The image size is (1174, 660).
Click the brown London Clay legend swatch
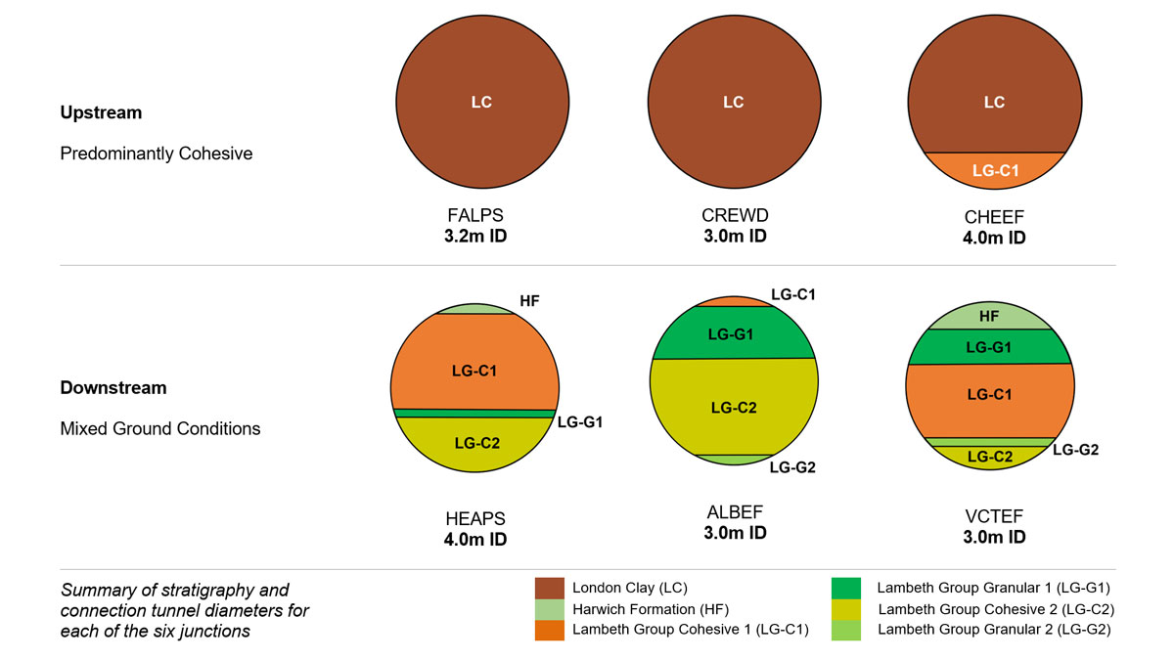550,588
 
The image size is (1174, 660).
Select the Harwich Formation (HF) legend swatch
550,608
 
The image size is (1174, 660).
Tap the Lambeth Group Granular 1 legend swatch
846,588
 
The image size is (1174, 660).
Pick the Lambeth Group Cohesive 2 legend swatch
846,608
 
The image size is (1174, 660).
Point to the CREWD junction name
733,216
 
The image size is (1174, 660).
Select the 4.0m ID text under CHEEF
994,238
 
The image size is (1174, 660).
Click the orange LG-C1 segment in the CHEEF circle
994,170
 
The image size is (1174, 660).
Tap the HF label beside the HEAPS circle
529,301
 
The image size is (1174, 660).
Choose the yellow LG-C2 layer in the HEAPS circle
476,442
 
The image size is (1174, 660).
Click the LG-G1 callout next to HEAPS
580,422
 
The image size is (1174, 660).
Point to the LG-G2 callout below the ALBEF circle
791,467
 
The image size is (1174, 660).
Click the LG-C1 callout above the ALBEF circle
793,293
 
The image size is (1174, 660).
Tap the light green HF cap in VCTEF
989,316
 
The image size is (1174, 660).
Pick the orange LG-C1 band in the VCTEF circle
989,395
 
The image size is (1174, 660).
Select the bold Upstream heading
101,112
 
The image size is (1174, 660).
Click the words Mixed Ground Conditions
159,428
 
